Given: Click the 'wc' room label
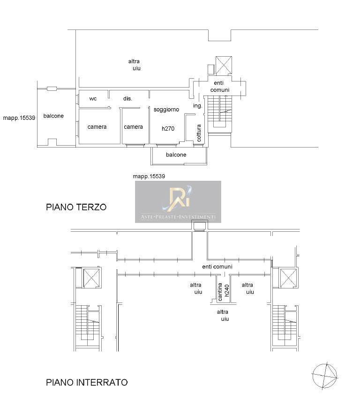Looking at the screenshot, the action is pyautogui.click(x=93, y=99).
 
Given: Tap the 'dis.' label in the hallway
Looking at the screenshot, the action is pyautogui.click(x=127, y=99).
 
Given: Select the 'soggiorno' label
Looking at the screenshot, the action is pyautogui.click(x=166, y=110).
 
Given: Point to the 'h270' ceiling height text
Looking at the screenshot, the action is pyautogui.click(x=168, y=128).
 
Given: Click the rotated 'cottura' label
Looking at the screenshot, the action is pyautogui.click(x=199, y=133).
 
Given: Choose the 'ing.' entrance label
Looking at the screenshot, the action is pyautogui.click(x=197, y=106).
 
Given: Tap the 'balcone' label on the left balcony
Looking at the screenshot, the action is pyautogui.click(x=53, y=116).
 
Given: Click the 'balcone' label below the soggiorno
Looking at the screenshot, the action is pyautogui.click(x=176, y=155).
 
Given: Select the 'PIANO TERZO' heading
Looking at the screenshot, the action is pyautogui.click(x=76, y=207).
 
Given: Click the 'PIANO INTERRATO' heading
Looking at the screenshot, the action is pyautogui.click(x=87, y=383).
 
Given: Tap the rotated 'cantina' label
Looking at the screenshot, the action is pyautogui.click(x=220, y=292).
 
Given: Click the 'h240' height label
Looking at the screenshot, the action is pyautogui.click(x=227, y=290).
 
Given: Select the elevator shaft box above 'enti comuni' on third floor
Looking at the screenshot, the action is pyautogui.click(x=224, y=65).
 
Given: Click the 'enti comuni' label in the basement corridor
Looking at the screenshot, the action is pyautogui.click(x=217, y=267).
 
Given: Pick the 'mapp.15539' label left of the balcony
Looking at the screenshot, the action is pyautogui.click(x=19, y=118).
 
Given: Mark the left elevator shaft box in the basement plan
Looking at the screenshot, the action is pyautogui.click(x=91, y=278).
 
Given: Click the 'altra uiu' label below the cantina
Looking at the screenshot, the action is pyautogui.click(x=223, y=315).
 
